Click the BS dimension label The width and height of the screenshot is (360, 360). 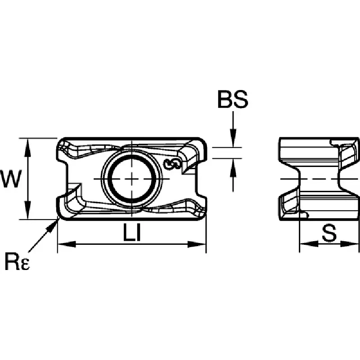pyautogui.click(x=233, y=99)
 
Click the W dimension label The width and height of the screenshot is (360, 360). pyautogui.click(x=11, y=178)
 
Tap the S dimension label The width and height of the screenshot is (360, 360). pyautogui.click(x=329, y=233)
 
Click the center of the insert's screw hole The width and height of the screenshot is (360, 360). pyautogui.click(x=131, y=179)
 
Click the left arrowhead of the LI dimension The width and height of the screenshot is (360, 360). pyautogui.click(x=67, y=244)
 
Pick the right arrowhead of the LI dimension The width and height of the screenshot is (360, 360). pyautogui.click(x=197, y=244)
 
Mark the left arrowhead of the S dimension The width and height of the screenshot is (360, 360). pyautogui.click(x=309, y=244)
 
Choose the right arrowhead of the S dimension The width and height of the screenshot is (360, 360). pyautogui.click(x=350, y=244)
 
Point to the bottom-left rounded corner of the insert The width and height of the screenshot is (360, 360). pyautogui.click(x=60, y=216)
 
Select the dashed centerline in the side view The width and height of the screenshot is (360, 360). pyautogui.click(x=319, y=179)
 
